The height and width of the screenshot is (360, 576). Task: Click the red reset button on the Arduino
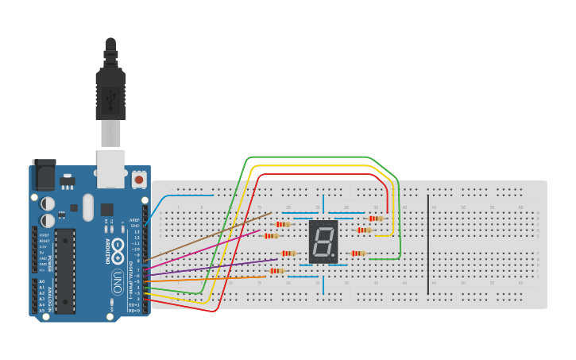click(x=139, y=180)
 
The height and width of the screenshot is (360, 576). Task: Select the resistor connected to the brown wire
click(x=283, y=224)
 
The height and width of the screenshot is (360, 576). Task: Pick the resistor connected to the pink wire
click(x=271, y=235)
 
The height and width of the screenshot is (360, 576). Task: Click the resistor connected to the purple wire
click(x=288, y=254)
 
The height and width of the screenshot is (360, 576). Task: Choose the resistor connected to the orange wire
click(x=276, y=271)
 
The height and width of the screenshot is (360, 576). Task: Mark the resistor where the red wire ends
click(x=375, y=218)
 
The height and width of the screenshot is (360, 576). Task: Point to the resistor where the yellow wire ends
click(x=363, y=230)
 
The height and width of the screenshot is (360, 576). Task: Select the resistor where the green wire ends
click(x=358, y=254)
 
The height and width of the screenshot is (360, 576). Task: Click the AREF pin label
click(x=135, y=220)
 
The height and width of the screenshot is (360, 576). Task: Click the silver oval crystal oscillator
click(x=87, y=207)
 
